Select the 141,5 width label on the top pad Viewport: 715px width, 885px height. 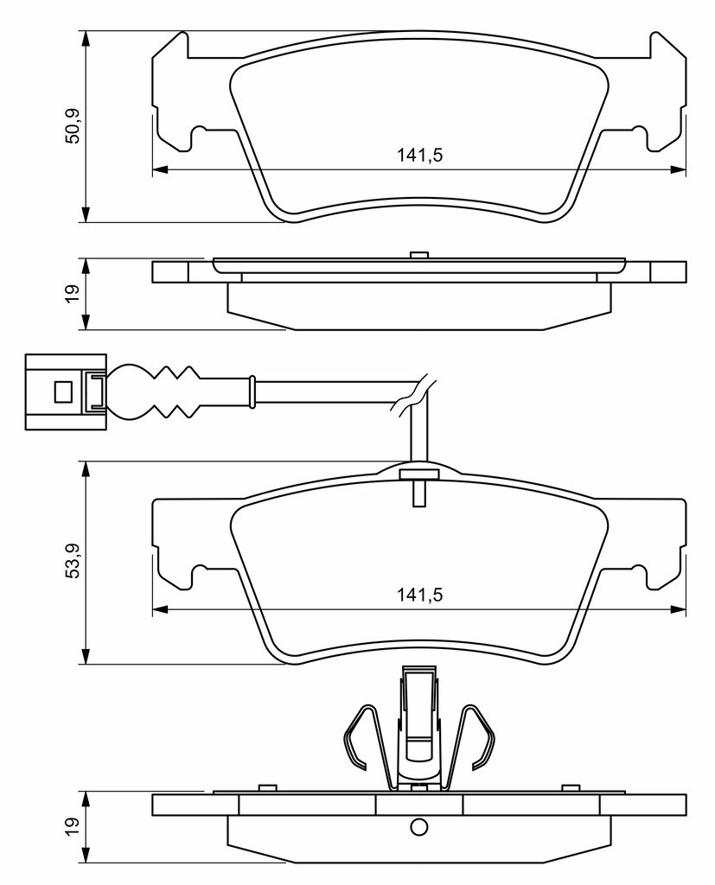coord(419,155)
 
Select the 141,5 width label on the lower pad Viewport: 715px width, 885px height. coord(419,595)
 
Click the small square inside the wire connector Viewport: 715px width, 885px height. coord(63,392)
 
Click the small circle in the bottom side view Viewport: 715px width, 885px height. coord(418,827)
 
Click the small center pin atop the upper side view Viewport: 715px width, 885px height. coord(418,256)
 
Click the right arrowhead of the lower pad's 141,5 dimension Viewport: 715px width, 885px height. coord(678,609)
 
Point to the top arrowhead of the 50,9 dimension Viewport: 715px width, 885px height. coord(86,38)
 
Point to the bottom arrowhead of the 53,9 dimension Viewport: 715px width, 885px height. coord(86,656)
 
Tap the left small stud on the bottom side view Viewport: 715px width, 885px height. coord(266,788)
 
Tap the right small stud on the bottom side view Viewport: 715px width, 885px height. coord(571,788)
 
